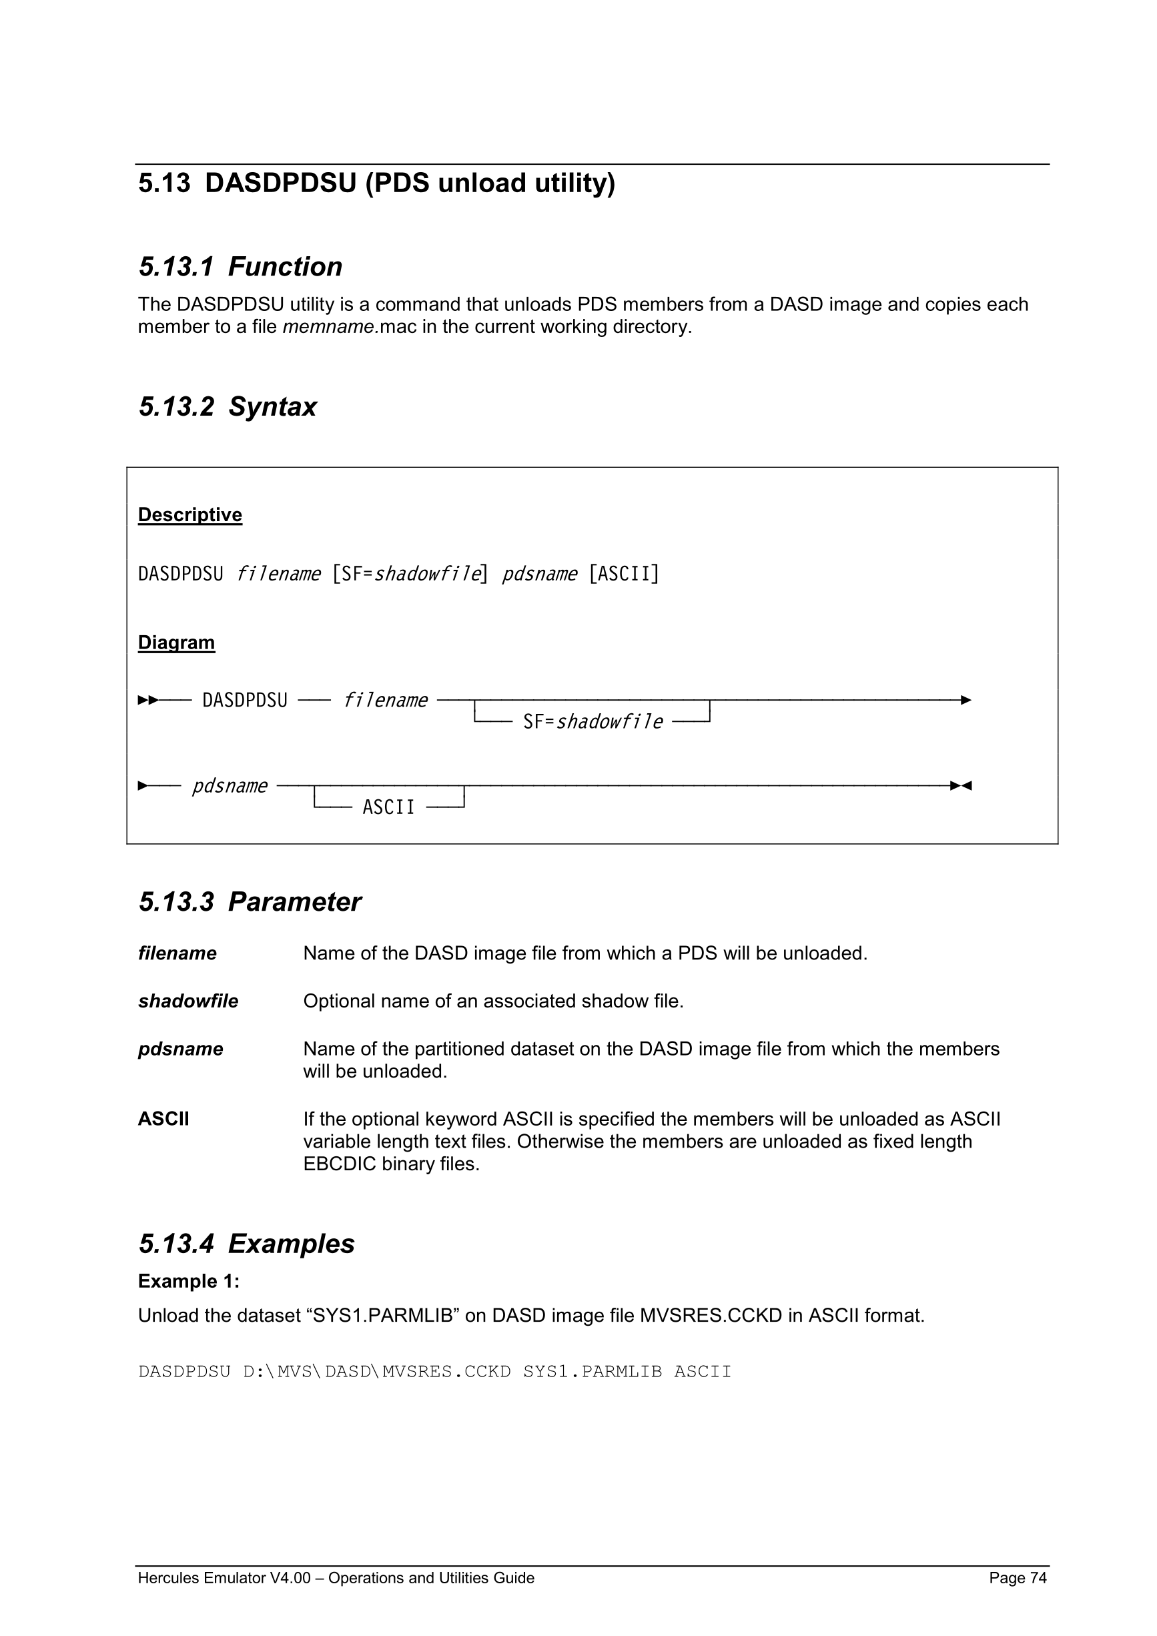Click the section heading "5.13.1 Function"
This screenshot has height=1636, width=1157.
pyautogui.click(x=240, y=267)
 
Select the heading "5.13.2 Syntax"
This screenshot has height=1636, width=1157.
pyautogui.click(x=228, y=407)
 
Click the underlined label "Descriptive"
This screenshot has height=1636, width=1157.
pyautogui.click(x=190, y=514)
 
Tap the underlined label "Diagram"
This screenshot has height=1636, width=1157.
pyautogui.click(x=176, y=643)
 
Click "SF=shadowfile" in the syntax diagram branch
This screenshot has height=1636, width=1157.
pyautogui.click(x=593, y=723)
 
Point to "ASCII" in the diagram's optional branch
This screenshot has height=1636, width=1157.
pyautogui.click(x=388, y=807)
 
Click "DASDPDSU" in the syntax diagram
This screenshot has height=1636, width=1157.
pyautogui.click(x=245, y=701)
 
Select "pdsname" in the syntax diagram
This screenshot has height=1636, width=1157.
pyautogui.click(x=230, y=786)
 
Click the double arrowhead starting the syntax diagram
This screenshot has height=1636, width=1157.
pyautogui.click(x=147, y=701)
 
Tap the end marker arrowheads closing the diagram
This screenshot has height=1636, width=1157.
pyautogui.click(x=961, y=786)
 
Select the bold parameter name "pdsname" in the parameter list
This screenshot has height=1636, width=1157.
pyautogui.click(x=180, y=1049)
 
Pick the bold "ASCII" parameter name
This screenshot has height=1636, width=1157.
pyautogui.click(x=164, y=1119)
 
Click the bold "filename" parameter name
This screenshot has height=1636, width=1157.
pyautogui.click(x=177, y=953)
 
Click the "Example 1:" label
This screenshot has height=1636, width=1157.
pyautogui.click(x=189, y=1281)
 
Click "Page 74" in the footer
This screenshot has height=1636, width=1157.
pyautogui.click(x=1018, y=1578)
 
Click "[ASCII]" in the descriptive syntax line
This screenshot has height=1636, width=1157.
pyautogui.click(x=624, y=574)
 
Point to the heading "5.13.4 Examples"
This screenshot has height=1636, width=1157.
pyautogui.click(x=246, y=1244)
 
